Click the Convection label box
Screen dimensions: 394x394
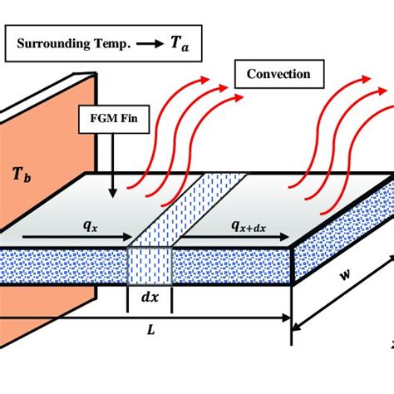coord(278,74)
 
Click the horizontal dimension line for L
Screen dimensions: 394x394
coord(208,318)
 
